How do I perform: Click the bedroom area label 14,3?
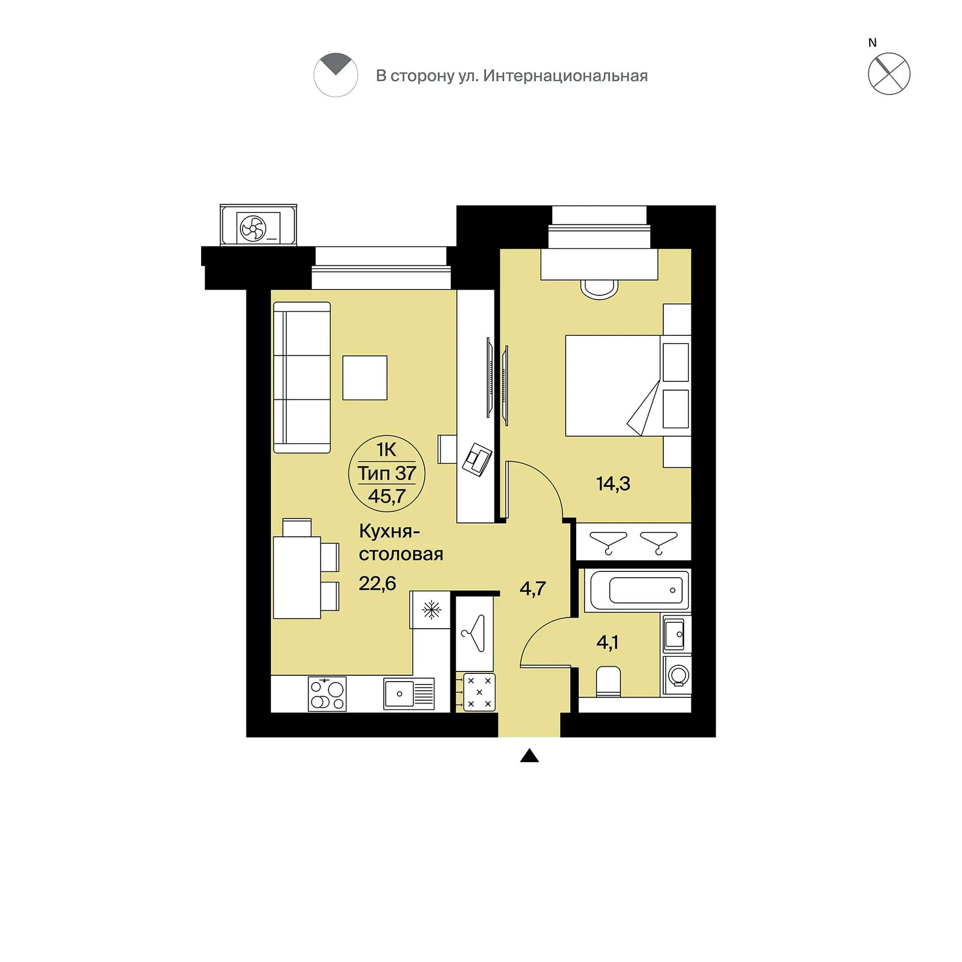coord(613,483)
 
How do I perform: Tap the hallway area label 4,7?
coord(533,588)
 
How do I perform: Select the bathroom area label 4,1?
coord(607,642)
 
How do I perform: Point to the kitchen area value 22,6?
coord(377,583)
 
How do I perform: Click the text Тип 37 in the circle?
coord(387,473)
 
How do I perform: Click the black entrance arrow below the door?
coord(529,756)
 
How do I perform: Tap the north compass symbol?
coord(889,74)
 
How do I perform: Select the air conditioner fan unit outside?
coord(258,225)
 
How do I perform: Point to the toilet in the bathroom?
coord(608,681)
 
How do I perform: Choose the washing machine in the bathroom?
coord(677,676)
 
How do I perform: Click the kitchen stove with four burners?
coord(327,694)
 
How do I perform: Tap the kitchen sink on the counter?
coord(409,694)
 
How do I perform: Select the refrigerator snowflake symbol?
coord(431,609)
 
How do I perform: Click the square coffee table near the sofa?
coord(365,378)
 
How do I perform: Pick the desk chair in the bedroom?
coord(600,289)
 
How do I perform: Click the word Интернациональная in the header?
coord(566,76)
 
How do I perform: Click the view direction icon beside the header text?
coord(336,75)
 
